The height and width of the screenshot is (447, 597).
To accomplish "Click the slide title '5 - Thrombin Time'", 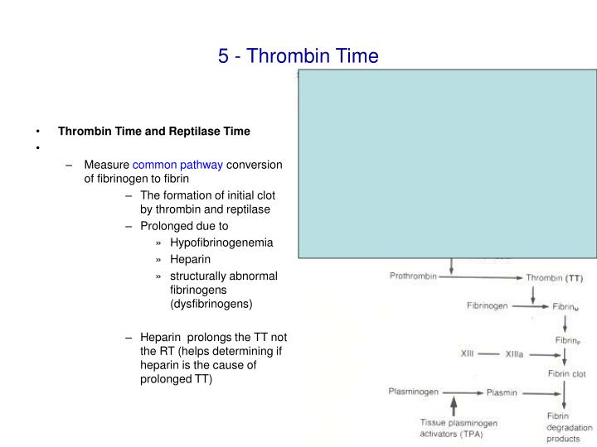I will (x=298, y=56).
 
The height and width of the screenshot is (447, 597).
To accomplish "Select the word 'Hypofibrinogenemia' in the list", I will (x=221, y=243).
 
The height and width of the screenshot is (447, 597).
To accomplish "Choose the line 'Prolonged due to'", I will (x=184, y=225).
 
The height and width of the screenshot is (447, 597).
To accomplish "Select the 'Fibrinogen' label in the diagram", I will (x=487, y=305).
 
